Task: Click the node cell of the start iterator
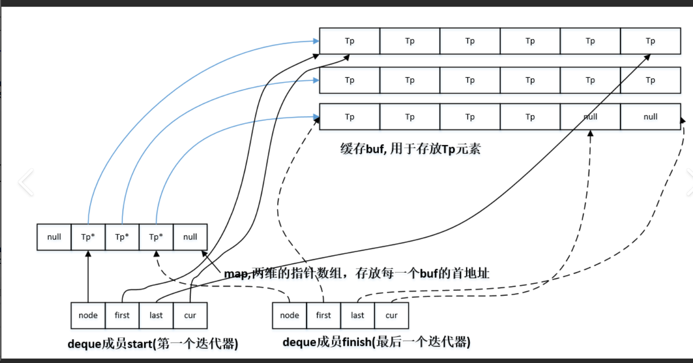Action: [x=88, y=315]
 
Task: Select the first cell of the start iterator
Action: [x=122, y=315]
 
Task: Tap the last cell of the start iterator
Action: [x=156, y=315]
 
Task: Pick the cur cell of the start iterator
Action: [x=190, y=315]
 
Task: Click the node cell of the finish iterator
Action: [x=289, y=315]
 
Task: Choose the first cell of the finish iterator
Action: [x=323, y=315]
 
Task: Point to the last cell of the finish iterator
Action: [x=357, y=315]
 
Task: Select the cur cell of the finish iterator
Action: [x=392, y=315]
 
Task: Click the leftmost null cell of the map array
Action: [x=54, y=237]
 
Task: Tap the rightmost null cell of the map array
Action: [x=190, y=237]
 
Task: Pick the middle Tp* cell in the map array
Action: [x=122, y=237]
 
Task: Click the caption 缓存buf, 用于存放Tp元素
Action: [x=410, y=149]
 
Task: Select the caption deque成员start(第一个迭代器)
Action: [x=153, y=344]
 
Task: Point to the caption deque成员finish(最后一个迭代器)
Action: [x=376, y=342]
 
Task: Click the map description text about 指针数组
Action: [x=357, y=273]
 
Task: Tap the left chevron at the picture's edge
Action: [x=26, y=182]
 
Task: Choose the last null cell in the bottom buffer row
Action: [x=650, y=117]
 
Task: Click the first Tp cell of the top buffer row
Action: [x=350, y=41]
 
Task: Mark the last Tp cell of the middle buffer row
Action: [x=650, y=80]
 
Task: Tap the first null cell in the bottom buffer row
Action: [x=590, y=117]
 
